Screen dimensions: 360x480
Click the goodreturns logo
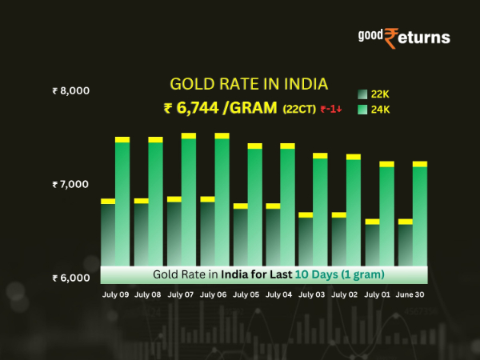[403, 37]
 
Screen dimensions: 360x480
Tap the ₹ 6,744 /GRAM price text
[218, 109]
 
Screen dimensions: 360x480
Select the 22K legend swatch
[362, 94]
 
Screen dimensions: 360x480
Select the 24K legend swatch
[362, 110]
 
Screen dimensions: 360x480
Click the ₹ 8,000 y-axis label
[70, 90]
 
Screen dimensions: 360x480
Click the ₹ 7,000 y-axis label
[70, 184]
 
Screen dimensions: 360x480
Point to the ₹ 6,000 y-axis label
[70, 278]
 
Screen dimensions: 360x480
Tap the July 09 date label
[115, 294]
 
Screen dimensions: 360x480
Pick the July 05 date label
[247, 294]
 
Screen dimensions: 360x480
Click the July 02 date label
[346, 294]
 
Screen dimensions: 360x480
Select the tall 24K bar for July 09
[122, 200]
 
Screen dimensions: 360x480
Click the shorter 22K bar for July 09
[107, 232]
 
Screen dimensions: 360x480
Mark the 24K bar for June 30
[419, 212]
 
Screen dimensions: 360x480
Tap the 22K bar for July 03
[306, 240]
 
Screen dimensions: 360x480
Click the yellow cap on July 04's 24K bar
[287, 146]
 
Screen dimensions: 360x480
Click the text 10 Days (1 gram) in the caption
[340, 274]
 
